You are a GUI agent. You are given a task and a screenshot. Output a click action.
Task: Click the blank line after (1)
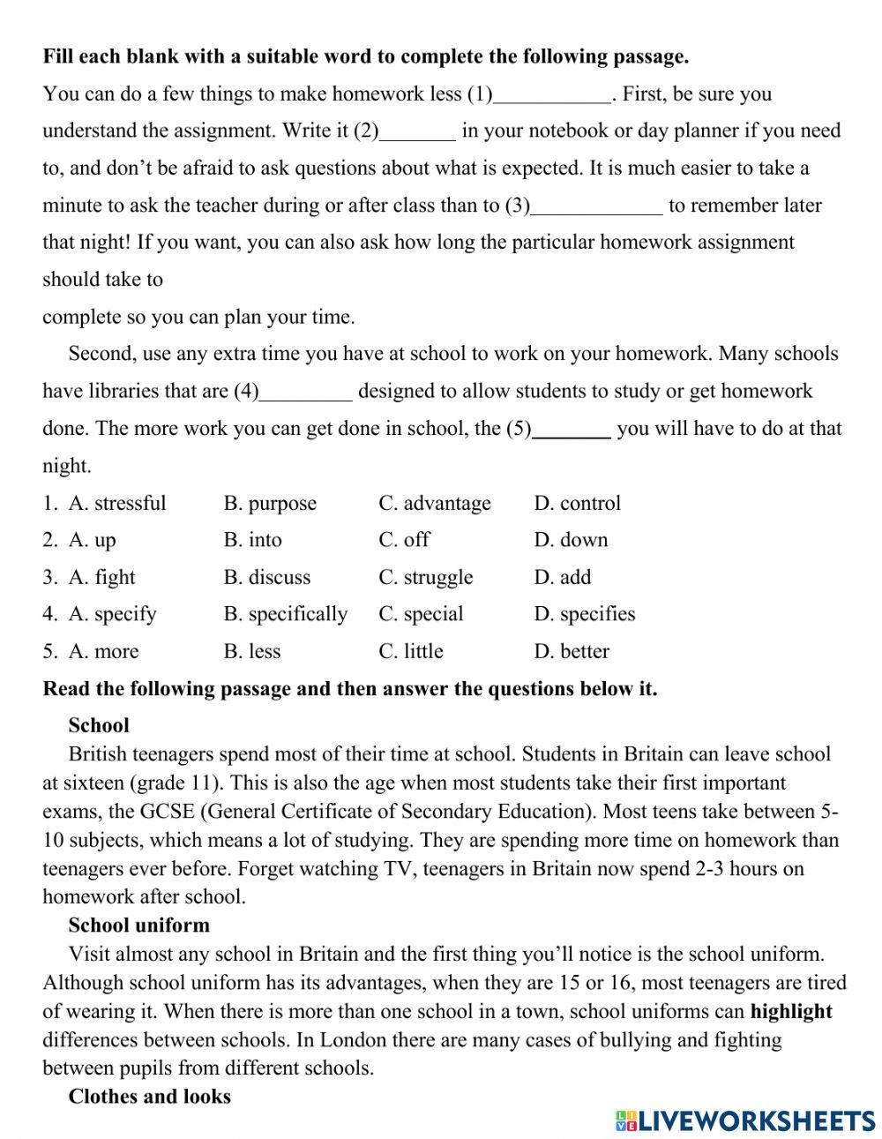click(x=552, y=95)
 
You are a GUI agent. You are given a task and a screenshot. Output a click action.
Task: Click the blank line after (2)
click(x=417, y=132)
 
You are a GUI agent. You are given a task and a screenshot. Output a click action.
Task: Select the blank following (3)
click(x=597, y=206)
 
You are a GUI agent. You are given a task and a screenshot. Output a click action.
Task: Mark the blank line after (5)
click(x=572, y=430)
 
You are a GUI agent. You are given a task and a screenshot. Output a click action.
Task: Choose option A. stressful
click(x=117, y=504)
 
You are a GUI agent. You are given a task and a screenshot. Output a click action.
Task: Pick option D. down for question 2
click(x=571, y=540)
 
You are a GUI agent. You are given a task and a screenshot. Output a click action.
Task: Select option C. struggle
click(x=426, y=578)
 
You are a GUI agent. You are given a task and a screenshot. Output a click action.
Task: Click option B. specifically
click(x=286, y=614)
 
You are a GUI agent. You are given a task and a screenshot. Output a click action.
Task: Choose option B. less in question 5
click(x=252, y=652)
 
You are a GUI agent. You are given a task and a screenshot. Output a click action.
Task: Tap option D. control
click(x=577, y=504)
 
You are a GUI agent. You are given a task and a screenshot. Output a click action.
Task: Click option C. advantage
click(x=435, y=504)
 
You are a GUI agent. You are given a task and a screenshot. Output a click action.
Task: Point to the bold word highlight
click(x=791, y=1012)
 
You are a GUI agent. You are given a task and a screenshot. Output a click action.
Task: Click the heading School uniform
click(x=139, y=925)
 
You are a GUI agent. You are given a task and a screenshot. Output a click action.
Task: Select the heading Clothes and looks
click(x=150, y=1097)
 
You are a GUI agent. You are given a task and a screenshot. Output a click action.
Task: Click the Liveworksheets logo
click(x=745, y=1120)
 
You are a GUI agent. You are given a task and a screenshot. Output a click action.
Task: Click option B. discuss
click(x=267, y=578)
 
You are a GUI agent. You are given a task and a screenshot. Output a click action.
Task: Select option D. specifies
click(x=585, y=614)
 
